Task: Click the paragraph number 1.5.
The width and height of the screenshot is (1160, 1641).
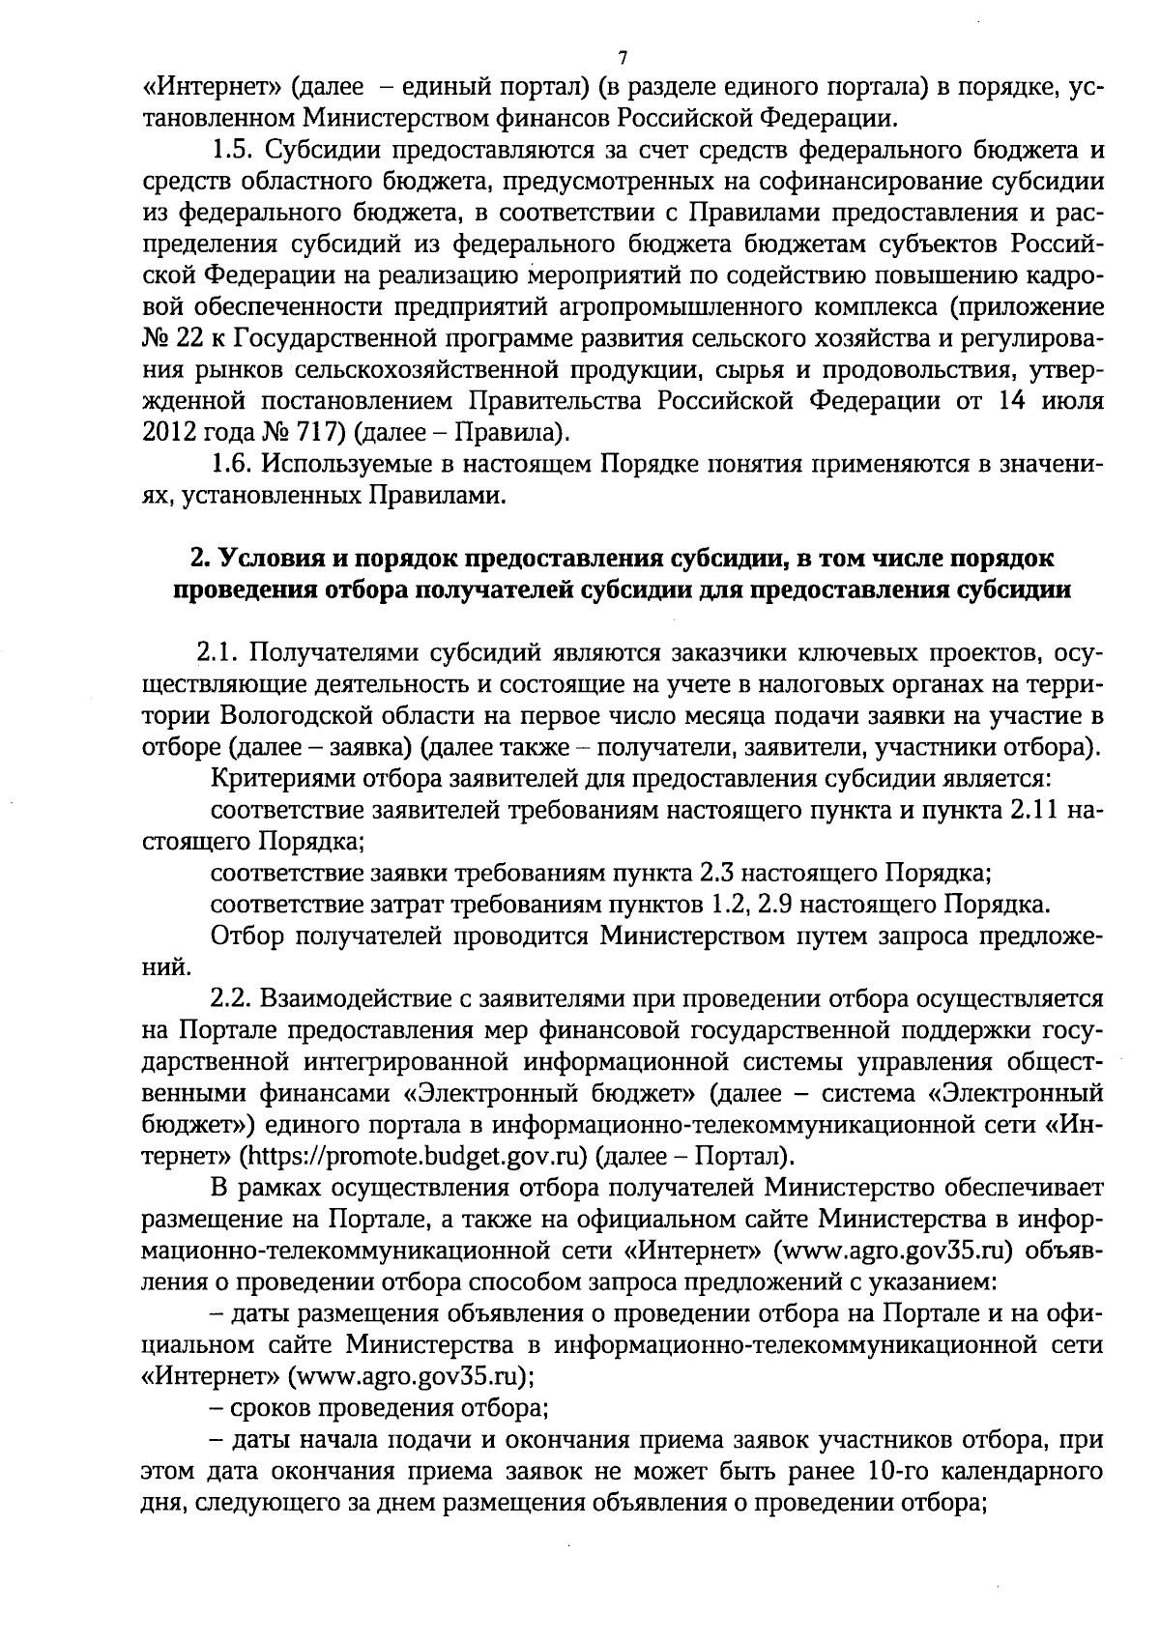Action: click(x=232, y=151)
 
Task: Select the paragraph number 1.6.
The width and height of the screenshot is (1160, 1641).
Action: click(x=232, y=464)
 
